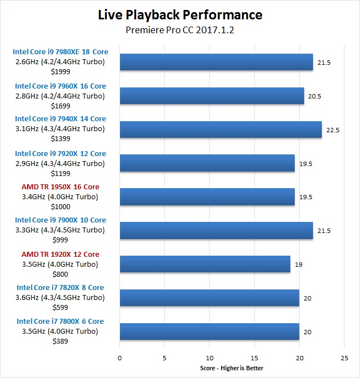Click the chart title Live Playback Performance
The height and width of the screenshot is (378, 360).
coord(180,15)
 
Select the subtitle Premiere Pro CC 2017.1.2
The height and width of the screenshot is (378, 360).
coord(180,30)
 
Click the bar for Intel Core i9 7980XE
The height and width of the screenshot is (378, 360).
coord(216,62)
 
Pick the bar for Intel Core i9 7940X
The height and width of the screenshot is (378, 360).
coord(221,130)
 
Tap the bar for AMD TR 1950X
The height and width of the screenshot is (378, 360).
coord(207,197)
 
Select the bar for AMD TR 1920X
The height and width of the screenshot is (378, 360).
coord(205,264)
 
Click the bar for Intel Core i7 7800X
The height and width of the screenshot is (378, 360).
coord(210,332)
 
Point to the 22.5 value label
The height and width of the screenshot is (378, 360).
coord(333,130)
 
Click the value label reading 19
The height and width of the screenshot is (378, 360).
coord(299,265)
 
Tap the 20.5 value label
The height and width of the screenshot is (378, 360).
coord(315,96)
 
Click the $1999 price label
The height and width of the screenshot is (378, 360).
coord(60,72)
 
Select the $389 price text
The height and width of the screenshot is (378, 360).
coord(60,341)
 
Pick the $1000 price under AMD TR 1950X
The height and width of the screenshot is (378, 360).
coord(60,207)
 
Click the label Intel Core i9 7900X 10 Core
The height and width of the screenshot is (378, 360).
coord(60,220)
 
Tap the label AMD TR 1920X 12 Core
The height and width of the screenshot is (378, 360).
coord(60,255)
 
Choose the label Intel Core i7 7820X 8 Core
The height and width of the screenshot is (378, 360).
coord(60,288)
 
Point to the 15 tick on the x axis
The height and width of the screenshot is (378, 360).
coord(254,358)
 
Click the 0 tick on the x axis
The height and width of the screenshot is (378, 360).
coord(119,358)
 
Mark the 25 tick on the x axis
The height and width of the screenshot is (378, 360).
coord(345,358)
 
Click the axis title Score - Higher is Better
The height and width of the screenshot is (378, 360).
coord(232,369)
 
